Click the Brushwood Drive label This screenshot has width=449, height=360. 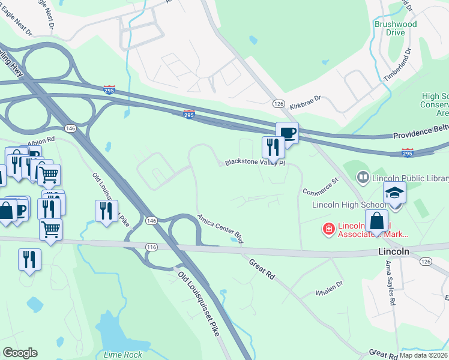(x=395, y=28)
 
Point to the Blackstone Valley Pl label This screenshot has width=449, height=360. (x=255, y=163)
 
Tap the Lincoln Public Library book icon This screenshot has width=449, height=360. (x=363, y=178)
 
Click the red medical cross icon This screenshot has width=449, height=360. (x=328, y=229)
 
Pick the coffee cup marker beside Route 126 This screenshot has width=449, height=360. (x=287, y=133)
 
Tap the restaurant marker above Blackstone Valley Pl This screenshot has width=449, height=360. (x=273, y=146)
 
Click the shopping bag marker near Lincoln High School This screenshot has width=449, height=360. (x=378, y=220)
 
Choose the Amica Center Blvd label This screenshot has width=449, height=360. (x=220, y=229)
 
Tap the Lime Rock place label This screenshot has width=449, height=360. (x=123, y=355)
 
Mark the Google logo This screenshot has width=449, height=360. (x=20, y=353)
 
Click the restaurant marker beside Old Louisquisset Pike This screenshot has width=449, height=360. (x=106, y=211)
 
